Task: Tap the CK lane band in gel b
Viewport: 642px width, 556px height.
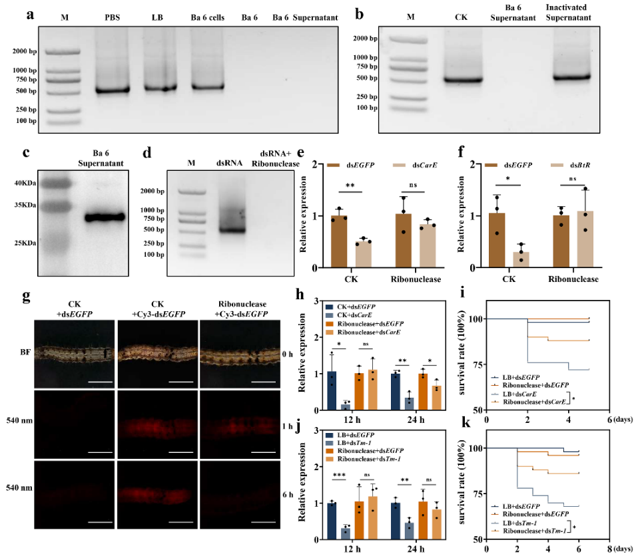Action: [x=462, y=80]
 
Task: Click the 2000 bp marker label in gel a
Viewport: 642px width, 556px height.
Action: [x=25, y=50]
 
